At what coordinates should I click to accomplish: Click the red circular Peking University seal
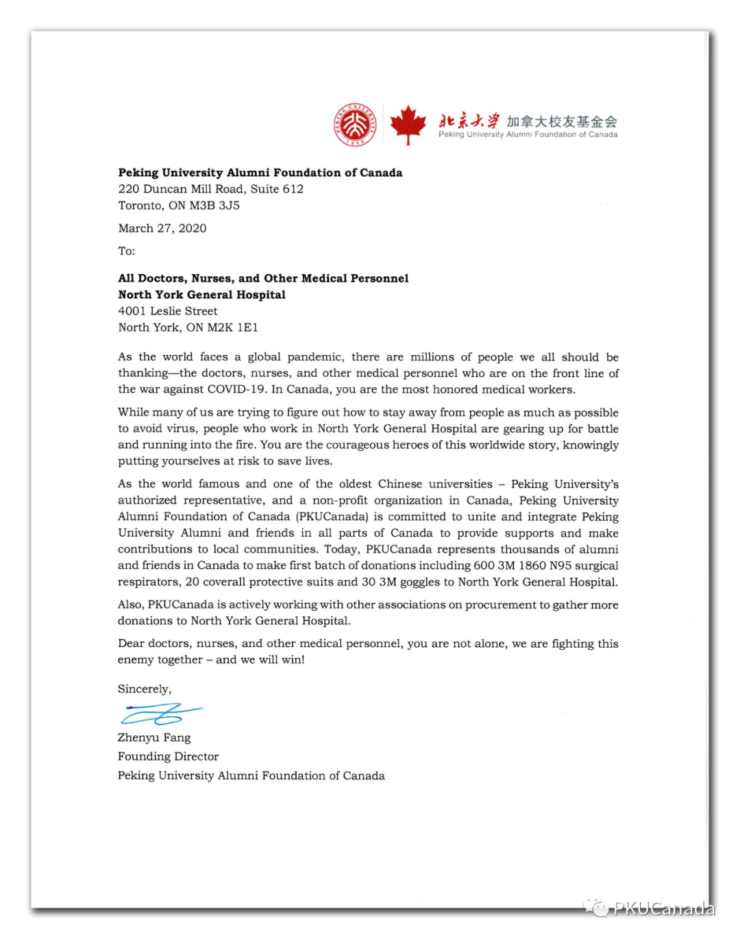[x=355, y=125]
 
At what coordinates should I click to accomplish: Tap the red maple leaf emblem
[x=408, y=124]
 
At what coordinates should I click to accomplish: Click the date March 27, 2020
[x=162, y=228]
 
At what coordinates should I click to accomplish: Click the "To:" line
[x=127, y=251]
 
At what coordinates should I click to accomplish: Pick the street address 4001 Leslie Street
[x=168, y=311]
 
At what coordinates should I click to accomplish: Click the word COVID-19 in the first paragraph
[x=236, y=389]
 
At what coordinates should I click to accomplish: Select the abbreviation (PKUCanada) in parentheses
[x=332, y=517]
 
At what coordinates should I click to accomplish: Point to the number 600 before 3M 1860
[x=484, y=565]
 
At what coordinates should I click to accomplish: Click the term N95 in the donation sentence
[x=560, y=565]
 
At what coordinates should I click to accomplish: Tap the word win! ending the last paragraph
[x=293, y=659]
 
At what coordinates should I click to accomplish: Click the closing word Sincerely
[x=145, y=689]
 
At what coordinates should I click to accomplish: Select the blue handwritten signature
[x=161, y=714]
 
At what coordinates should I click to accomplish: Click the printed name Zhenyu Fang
[x=154, y=737]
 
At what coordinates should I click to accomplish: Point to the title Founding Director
[x=168, y=757]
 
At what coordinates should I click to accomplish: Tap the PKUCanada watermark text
[x=663, y=909]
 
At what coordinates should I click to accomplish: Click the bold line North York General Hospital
[x=201, y=295]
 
